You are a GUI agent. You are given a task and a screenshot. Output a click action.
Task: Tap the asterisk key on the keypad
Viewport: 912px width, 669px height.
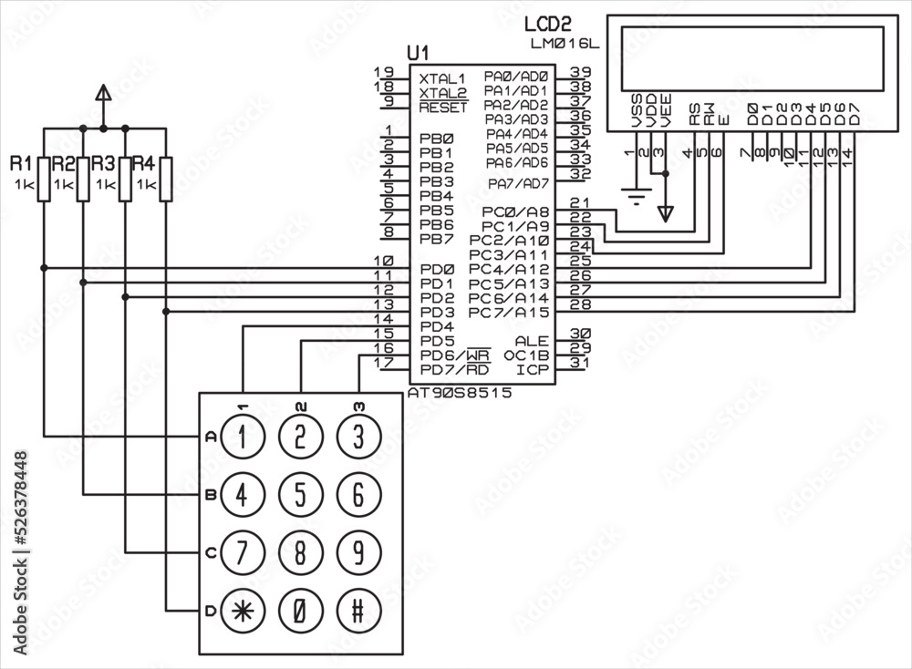click(x=242, y=610)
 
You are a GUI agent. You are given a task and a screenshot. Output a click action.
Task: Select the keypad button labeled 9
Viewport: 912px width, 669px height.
click(x=358, y=552)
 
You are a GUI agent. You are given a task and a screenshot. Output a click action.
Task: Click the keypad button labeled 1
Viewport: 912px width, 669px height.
click(x=242, y=437)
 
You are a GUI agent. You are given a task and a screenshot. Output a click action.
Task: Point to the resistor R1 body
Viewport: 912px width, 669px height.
click(x=43, y=179)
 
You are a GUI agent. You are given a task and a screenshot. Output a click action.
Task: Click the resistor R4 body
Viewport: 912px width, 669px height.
click(x=166, y=179)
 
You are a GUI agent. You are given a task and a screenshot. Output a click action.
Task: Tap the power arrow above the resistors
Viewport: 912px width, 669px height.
click(x=103, y=93)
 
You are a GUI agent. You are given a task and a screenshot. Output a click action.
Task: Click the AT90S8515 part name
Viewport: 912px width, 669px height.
click(x=460, y=392)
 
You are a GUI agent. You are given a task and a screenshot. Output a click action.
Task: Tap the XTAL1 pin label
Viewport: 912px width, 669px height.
click(x=442, y=78)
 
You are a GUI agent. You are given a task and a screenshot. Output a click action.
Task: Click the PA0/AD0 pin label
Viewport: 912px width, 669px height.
click(x=516, y=77)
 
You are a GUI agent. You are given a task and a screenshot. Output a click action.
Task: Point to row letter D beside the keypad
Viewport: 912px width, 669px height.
click(x=210, y=611)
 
